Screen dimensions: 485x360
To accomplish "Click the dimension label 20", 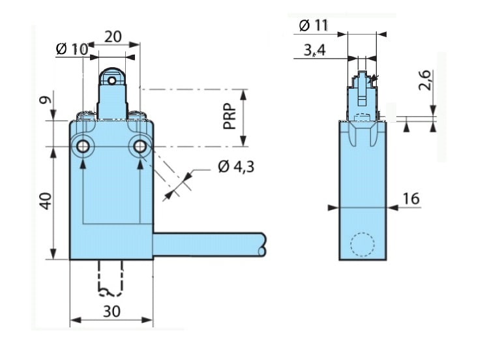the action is point(113,37).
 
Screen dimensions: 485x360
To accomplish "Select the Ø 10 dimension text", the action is point(72,49).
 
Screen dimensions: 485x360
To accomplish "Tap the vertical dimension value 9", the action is point(46,100).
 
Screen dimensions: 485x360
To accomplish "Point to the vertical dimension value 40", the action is point(46,201).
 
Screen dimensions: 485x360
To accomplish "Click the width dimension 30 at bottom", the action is point(111,311).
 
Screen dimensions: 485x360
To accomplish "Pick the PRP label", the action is point(230,116).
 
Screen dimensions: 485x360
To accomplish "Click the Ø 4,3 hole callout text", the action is point(236,166).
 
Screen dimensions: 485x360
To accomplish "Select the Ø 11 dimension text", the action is point(314,25).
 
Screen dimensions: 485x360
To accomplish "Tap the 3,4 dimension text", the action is point(315,50).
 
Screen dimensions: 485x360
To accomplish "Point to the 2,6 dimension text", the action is point(424,80).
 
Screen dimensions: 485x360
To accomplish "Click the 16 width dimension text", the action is point(411,198).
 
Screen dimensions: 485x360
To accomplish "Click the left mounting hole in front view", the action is point(83,146).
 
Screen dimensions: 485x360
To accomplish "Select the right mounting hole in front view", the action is point(140,146).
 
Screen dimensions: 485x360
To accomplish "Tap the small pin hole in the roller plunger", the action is point(111,81).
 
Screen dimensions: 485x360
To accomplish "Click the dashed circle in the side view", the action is point(362,244).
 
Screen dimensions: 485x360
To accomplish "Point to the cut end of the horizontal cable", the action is point(263,245).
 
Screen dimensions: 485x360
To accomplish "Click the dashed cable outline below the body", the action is point(110,278).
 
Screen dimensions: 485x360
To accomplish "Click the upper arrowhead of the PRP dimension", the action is point(244,95).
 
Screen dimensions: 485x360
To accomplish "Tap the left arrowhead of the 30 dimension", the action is point(76,320).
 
